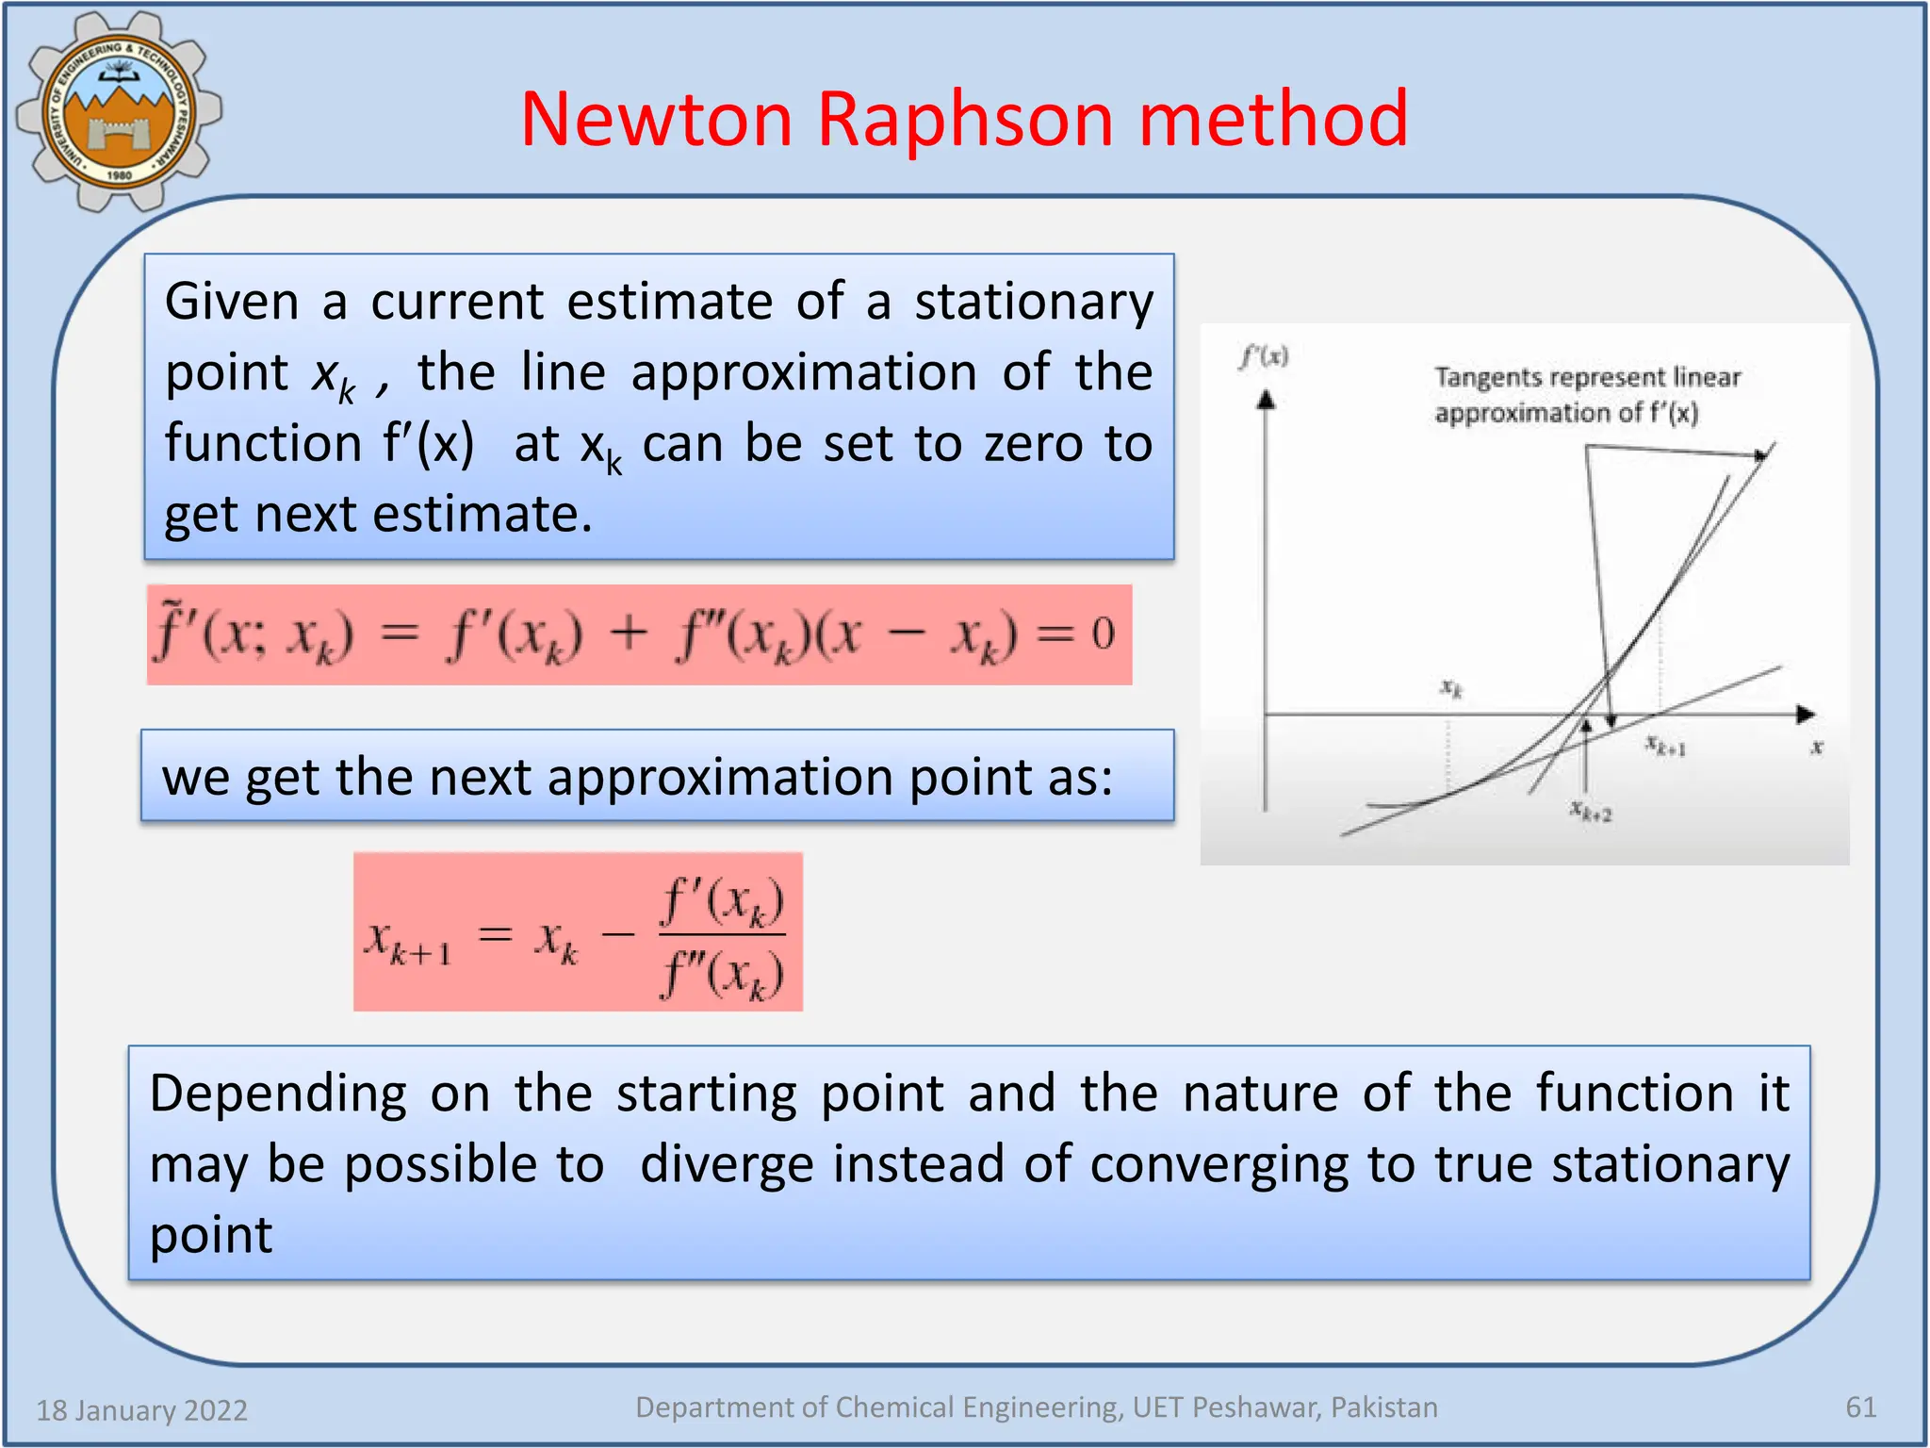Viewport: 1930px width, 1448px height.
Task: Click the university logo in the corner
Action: (x=118, y=111)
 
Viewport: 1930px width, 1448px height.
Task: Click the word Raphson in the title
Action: (x=965, y=120)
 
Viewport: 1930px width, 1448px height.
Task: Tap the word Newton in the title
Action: (x=657, y=120)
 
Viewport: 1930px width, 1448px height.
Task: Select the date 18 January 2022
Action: (x=141, y=1409)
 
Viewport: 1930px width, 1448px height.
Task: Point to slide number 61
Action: (x=1860, y=1407)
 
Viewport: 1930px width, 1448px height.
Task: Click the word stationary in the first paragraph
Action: (x=1034, y=303)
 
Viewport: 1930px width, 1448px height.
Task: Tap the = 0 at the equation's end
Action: (x=1076, y=633)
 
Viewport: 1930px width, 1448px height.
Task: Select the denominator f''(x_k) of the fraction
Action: (x=722, y=974)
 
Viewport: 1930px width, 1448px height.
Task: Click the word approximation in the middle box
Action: (x=721, y=778)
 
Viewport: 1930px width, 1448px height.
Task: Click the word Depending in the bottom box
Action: (x=278, y=1094)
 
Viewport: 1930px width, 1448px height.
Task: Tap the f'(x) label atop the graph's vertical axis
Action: (x=1264, y=356)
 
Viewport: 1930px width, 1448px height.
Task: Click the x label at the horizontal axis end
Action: (x=1817, y=747)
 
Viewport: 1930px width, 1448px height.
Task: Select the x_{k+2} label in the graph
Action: (x=1591, y=811)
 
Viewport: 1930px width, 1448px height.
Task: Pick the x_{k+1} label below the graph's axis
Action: (x=1665, y=747)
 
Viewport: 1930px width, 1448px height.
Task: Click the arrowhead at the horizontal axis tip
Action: (x=1805, y=715)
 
